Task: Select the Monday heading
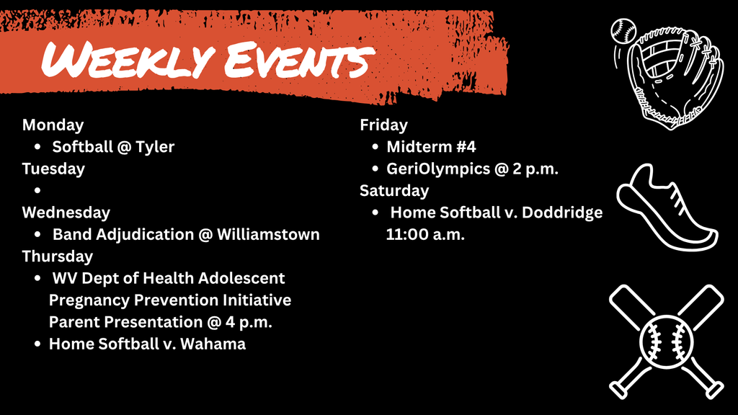click(53, 125)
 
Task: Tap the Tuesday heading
click(53, 169)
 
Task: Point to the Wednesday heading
click(66, 213)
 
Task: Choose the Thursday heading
click(58, 256)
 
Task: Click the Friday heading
click(383, 125)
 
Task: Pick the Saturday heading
click(394, 191)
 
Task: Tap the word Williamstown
click(268, 235)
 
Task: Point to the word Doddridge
click(562, 213)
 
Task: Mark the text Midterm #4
click(431, 147)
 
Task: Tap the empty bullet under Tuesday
click(37, 191)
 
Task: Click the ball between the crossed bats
click(667, 339)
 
